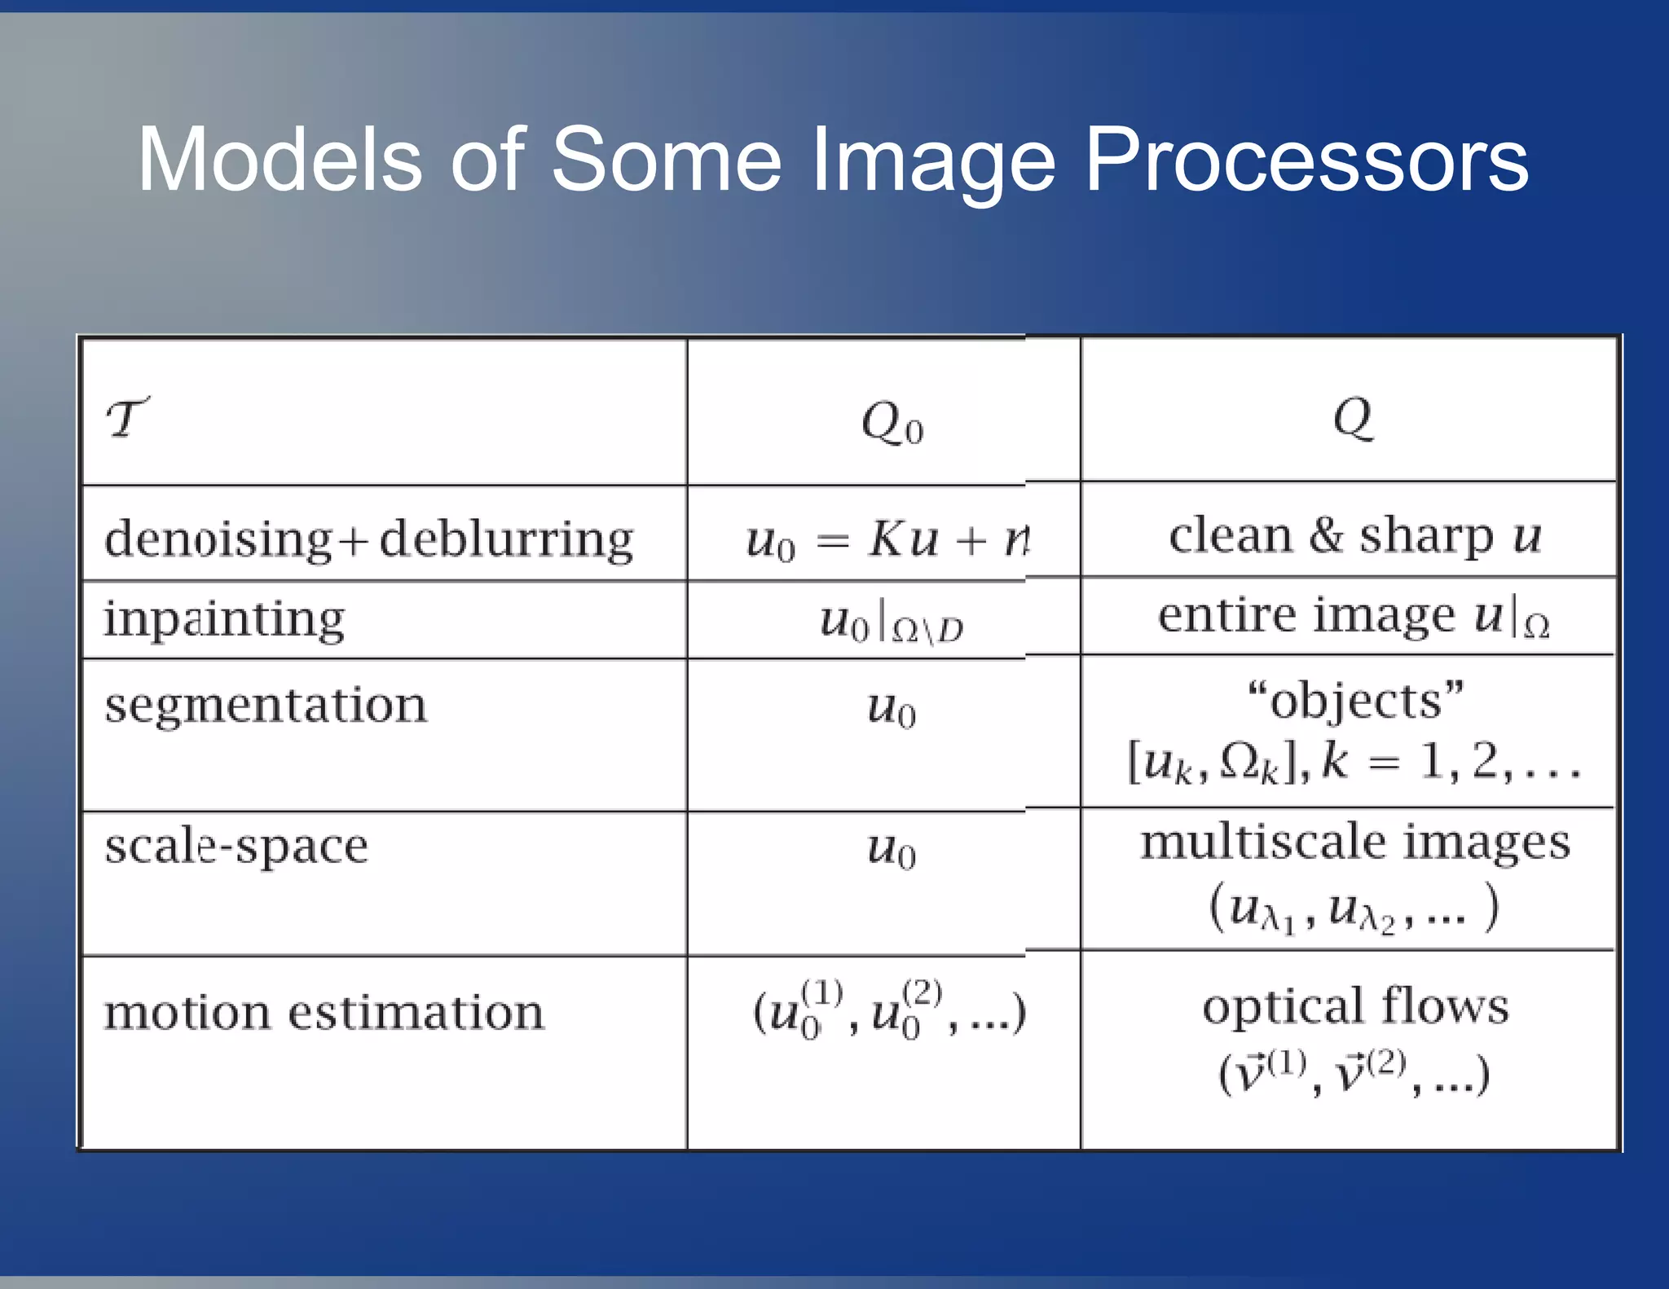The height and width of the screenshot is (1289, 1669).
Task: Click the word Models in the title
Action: (280, 161)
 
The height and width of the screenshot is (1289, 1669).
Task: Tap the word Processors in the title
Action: (1306, 161)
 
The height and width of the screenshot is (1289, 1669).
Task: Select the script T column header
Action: (128, 418)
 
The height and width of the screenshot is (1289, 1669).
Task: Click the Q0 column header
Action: (892, 424)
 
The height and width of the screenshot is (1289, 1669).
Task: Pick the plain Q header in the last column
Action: (1353, 417)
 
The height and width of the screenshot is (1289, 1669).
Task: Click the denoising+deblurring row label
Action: (369, 539)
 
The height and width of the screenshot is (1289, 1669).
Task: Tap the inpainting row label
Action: (224, 619)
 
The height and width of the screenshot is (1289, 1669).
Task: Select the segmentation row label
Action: (266, 705)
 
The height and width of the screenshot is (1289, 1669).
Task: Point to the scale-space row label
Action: (236, 846)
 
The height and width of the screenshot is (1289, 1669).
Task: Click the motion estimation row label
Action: (324, 1013)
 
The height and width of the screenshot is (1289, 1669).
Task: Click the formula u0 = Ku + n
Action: (887, 539)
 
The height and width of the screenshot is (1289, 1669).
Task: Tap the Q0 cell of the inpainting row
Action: (891, 623)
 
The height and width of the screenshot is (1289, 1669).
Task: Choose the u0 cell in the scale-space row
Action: (891, 849)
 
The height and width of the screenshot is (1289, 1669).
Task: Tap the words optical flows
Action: (1355, 1006)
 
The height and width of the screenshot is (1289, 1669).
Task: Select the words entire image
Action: (1306, 615)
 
